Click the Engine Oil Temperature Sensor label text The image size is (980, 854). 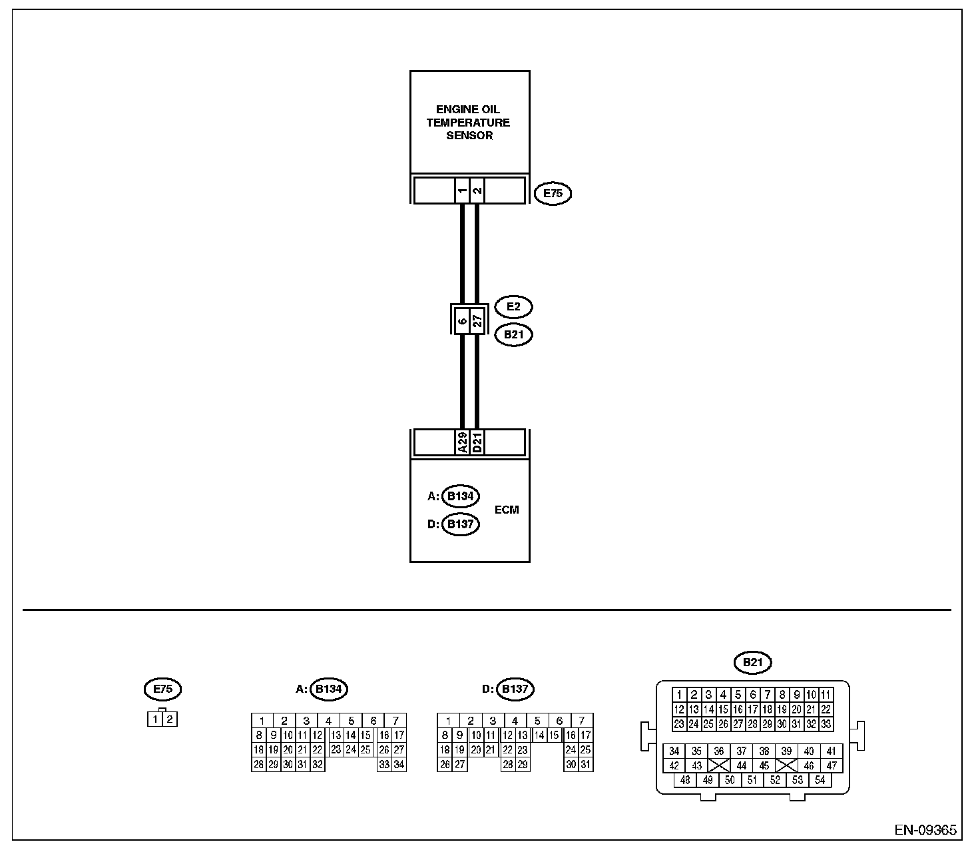(x=469, y=123)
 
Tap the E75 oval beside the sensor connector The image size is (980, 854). (x=553, y=194)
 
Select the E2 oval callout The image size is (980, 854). (x=513, y=307)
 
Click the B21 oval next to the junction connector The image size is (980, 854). (x=513, y=334)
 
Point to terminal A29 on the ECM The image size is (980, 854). (x=462, y=442)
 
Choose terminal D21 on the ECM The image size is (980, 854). (x=477, y=442)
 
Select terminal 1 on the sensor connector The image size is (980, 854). (x=462, y=191)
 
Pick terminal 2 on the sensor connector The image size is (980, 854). (x=477, y=191)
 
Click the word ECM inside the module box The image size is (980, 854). (x=507, y=510)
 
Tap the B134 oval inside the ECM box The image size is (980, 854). (x=460, y=496)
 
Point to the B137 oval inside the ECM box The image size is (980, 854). (x=460, y=524)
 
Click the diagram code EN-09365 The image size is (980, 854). (x=925, y=830)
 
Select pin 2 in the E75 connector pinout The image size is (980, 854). (x=170, y=719)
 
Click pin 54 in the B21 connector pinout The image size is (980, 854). (x=820, y=780)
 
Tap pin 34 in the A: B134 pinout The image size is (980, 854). (x=399, y=765)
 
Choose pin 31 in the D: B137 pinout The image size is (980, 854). (x=585, y=765)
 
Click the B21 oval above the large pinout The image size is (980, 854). (x=752, y=662)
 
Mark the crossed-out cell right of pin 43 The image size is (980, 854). (x=719, y=765)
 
